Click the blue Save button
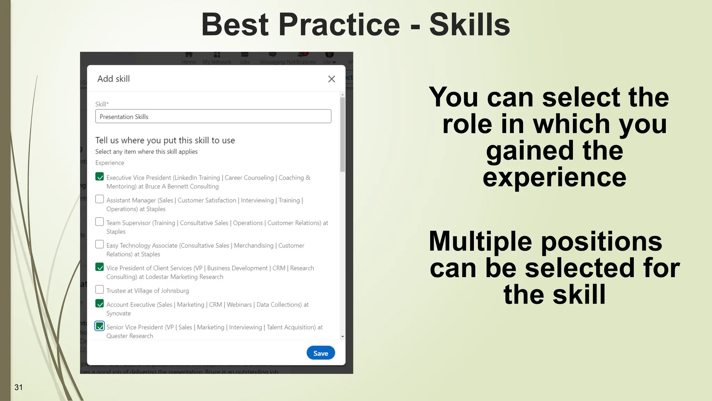tap(321, 353)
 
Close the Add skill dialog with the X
tap(331, 79)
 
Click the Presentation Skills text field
tap(213, 117)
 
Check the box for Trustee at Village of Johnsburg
tap(99, 290)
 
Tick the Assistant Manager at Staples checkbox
tap(99, 199)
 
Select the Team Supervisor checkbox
tap(99, 222)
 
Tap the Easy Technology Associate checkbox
tap(99, 244)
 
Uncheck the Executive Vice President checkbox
tap(99, 176)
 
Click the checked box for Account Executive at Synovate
tap(99, 304)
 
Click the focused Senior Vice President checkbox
tap(99, 326)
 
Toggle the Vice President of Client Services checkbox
tap(99, 267)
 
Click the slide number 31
tap(18, 387)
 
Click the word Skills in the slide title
tap(469, 25)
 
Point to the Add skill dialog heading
tap(114, 79)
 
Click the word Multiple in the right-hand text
tap(480, 241)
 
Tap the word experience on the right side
tap(554, 178)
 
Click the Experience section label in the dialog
tap(110, 163)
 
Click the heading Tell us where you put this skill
tap(165, 140)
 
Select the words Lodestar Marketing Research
tap(184, 277)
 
